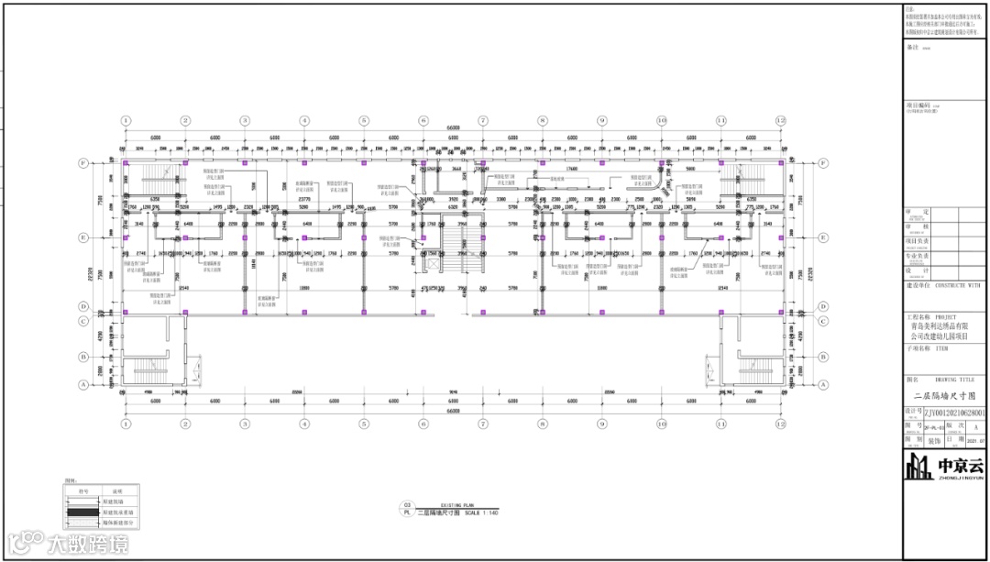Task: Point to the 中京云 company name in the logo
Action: point(959,465)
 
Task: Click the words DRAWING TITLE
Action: point(955,379)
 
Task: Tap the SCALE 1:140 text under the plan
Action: point(482,512)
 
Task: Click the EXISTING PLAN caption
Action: point(456,505)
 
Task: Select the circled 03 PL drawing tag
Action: point(407,508)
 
